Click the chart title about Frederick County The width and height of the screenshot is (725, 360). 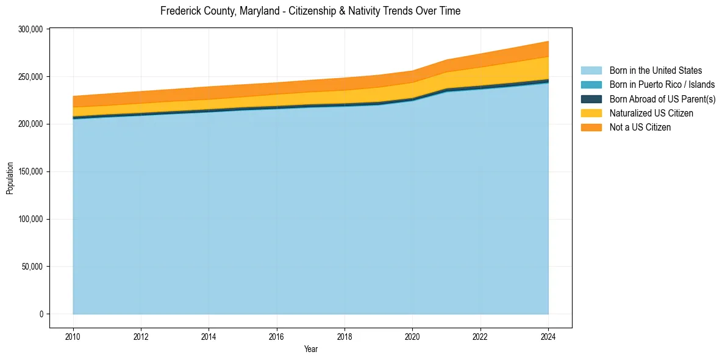click(310, 11)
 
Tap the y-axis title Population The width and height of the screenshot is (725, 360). click(10, 178)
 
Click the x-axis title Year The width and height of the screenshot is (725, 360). click(310, 350)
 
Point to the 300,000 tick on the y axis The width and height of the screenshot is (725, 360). click(30, 29)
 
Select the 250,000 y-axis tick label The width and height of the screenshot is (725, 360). click(30, 77)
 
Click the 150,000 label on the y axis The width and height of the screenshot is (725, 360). click(30, 171)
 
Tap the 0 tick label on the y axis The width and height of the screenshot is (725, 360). click(42, 314)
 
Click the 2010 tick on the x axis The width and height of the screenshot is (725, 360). click(73, 336)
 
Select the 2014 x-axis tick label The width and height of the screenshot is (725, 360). click(209, 336)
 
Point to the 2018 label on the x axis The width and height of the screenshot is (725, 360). click(345, 336)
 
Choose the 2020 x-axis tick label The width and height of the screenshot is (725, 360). click(413, 336)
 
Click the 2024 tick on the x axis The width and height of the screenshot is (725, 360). click(548, 336)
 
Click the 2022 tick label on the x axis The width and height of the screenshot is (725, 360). click(480, 336)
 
